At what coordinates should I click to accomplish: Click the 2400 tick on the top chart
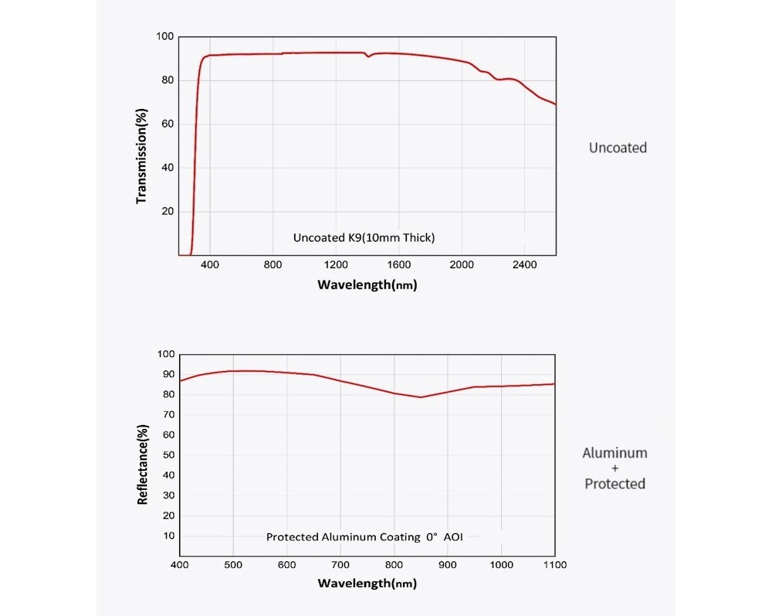[524, 264]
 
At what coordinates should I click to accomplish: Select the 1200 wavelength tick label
[336, 264]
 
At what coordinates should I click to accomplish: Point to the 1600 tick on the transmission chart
[399, 264]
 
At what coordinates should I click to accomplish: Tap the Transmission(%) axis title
[141, 156]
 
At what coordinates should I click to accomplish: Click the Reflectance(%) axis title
[142, 465]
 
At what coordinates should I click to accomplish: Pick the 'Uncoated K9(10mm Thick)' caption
[364, 237]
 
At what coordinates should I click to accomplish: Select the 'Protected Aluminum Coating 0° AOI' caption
[364, 536]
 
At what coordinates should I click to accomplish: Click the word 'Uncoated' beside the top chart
[618, 148]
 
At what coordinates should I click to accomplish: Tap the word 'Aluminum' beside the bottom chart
[615, 453]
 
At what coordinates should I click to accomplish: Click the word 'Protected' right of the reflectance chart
[615, 483]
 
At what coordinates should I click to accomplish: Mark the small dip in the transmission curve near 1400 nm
[367, 56]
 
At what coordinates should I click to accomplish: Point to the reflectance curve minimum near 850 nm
[421, 397]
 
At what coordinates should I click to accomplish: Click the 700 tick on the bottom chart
[340, 565]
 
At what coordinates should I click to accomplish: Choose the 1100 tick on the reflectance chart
[555, 565]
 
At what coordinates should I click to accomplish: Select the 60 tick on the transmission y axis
[168, 124]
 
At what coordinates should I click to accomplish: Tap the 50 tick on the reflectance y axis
[168, 455]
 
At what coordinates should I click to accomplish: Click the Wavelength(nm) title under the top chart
[367, 285]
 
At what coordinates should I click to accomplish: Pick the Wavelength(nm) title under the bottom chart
[367, 584]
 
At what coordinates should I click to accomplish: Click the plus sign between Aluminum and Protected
[615, 468]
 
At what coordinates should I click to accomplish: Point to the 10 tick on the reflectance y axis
[168, 536]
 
